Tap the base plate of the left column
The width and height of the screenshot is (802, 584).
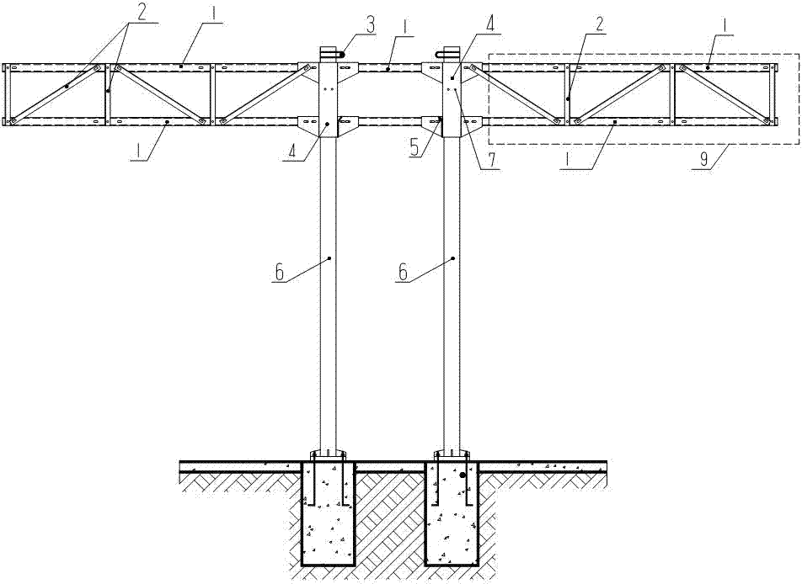(x=329, y=455)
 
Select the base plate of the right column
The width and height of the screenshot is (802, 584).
(x=450, y=455)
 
